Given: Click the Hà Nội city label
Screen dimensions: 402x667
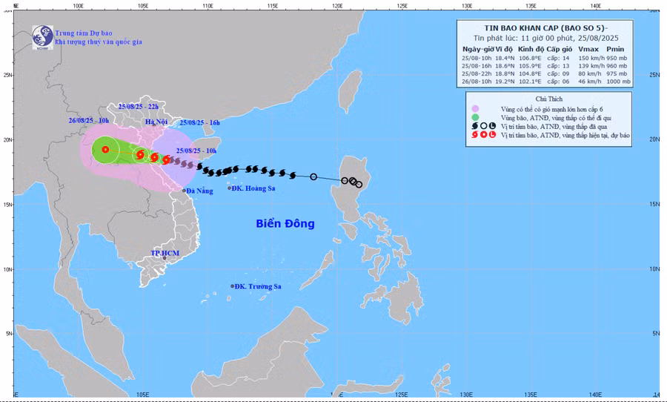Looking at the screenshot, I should [157, 121].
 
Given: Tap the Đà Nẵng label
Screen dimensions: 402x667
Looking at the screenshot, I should [199, 191].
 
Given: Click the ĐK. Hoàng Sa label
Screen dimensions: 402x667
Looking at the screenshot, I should [254, 188].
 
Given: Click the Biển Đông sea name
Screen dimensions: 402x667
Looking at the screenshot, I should [285, 223].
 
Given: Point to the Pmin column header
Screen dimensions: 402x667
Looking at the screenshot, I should [616, 48].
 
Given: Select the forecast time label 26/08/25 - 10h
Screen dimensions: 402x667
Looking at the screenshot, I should [88, 120].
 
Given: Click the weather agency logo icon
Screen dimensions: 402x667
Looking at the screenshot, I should [42, 36].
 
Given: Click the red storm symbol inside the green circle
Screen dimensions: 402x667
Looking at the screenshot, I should [105, 150].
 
